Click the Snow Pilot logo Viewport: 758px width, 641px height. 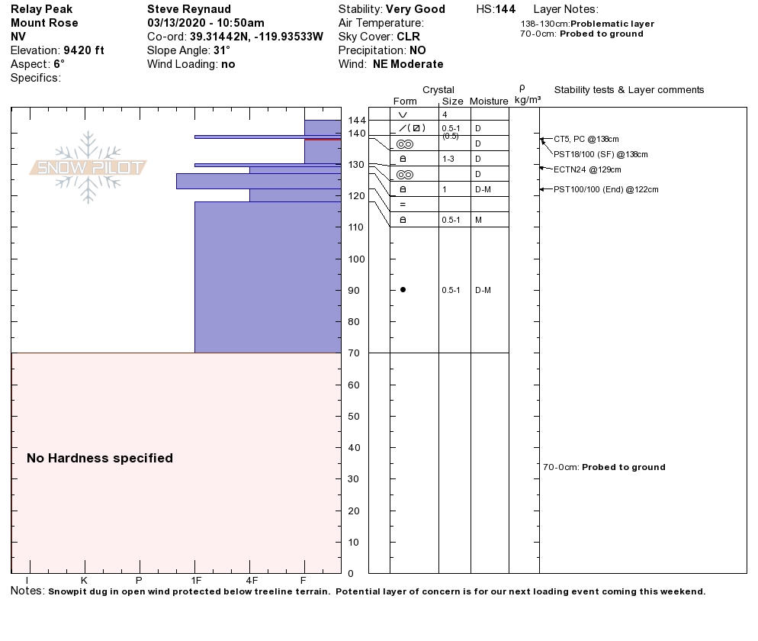pyautogui.click(x=88, y=167)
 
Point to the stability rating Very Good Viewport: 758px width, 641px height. pyautogui.click(x=419, y=9)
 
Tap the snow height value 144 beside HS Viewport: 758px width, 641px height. pyautogui.click(x=506, y=9)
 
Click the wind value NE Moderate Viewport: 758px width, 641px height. pyautogui.click(x=408, y=64)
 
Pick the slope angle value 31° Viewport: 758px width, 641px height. pyautogui.click(x=222, y=50)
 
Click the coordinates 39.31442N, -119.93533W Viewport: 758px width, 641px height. pyautogui.click(x=256, y=37)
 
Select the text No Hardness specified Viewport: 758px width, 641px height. pyautogui.click(x=100, y=458)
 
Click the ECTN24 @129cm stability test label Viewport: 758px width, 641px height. pyautogui.click(x=587, y=169)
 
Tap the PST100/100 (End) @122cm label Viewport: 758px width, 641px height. pyautogui.click(x=605, y=189)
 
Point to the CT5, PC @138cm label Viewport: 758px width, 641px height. pyautogui.click(x=586, y=139)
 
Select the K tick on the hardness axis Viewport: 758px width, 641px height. pyautogui.click(x=84, y=581)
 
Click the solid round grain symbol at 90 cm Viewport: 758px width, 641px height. pyautogui.click(x=403, y=290)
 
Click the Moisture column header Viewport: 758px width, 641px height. pyautogui.click(x=489, y=101)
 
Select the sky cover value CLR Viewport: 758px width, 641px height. pyautogui.click(x=408, y=37)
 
